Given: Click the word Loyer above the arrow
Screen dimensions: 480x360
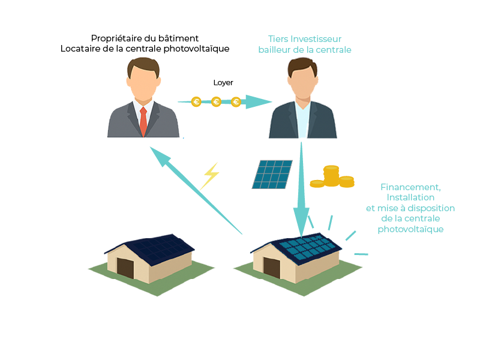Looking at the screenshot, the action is click(x=223, y=83).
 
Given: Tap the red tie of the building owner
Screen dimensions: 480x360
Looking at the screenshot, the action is click(x=143, y=121).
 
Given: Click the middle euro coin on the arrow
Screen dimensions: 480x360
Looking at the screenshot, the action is click(x=216, y=101).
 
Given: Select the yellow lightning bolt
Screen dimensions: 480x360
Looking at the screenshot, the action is click(x=209, y=176).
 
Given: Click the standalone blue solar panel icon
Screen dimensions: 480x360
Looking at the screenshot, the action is click(x=272, y=174).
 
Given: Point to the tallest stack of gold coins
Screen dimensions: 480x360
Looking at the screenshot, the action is click(x=331, y=176).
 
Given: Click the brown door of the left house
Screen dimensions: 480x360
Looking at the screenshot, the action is click(x=125, y=268).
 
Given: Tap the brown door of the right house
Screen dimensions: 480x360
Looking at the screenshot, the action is click(x=272, y=268).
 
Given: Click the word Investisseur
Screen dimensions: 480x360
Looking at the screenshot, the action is click(x=316, y=39).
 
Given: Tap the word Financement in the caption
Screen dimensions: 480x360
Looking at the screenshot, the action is click(x=410, y=187).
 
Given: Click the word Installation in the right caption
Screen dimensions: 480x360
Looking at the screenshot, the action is click(x=410, y=197).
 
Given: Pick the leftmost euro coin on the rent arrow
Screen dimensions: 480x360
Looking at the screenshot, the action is click(x=196, y=101).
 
